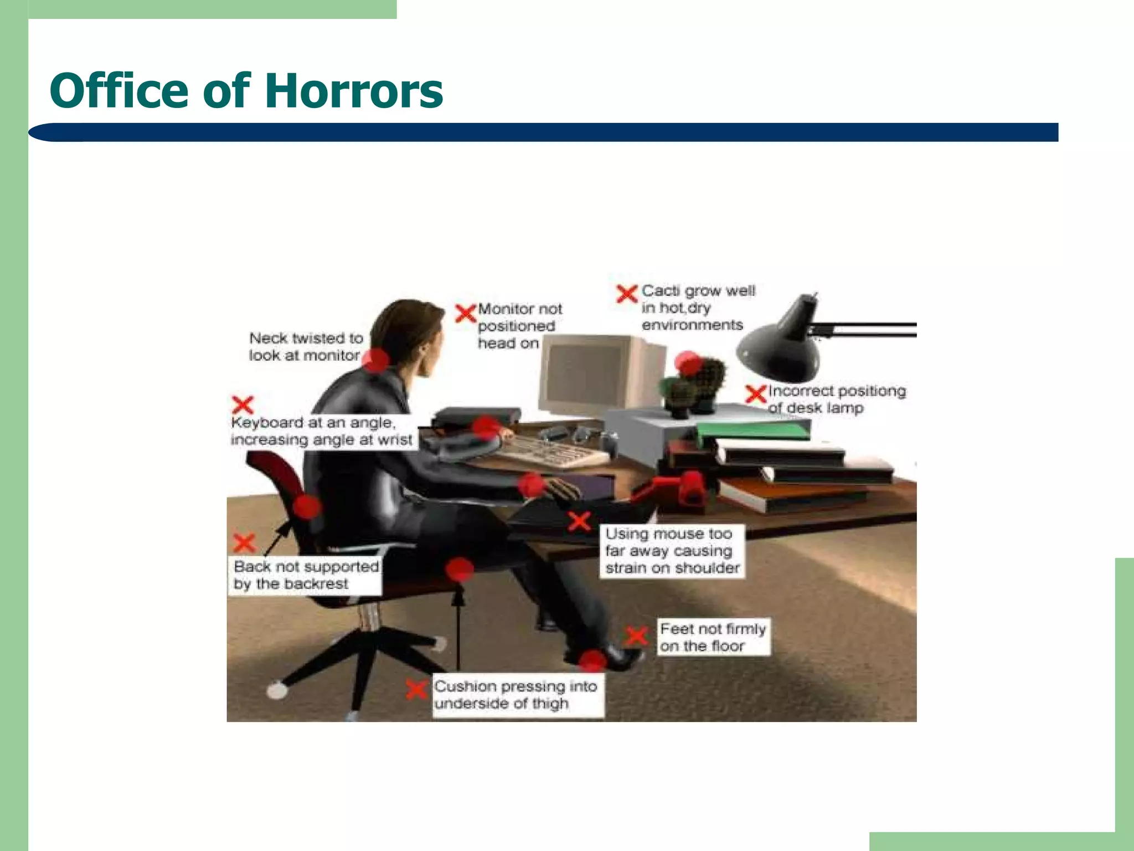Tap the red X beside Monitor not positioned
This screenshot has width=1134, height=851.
(466, 313)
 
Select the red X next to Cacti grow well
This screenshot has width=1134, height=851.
(627, 293)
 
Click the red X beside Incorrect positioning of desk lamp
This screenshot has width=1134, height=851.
(756, 394)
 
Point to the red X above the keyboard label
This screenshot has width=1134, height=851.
(243, 404)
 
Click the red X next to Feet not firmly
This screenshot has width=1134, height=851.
(637, 635)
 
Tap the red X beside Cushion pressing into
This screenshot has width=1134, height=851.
(416, 689)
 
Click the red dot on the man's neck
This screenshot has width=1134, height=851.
(377, 360)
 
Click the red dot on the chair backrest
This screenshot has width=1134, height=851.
(307, 506)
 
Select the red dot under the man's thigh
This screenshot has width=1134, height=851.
(459, 570)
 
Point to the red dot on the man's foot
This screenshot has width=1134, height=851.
(592, 661)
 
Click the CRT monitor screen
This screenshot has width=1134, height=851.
(587, 377)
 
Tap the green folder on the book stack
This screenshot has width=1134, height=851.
(753, 429)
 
